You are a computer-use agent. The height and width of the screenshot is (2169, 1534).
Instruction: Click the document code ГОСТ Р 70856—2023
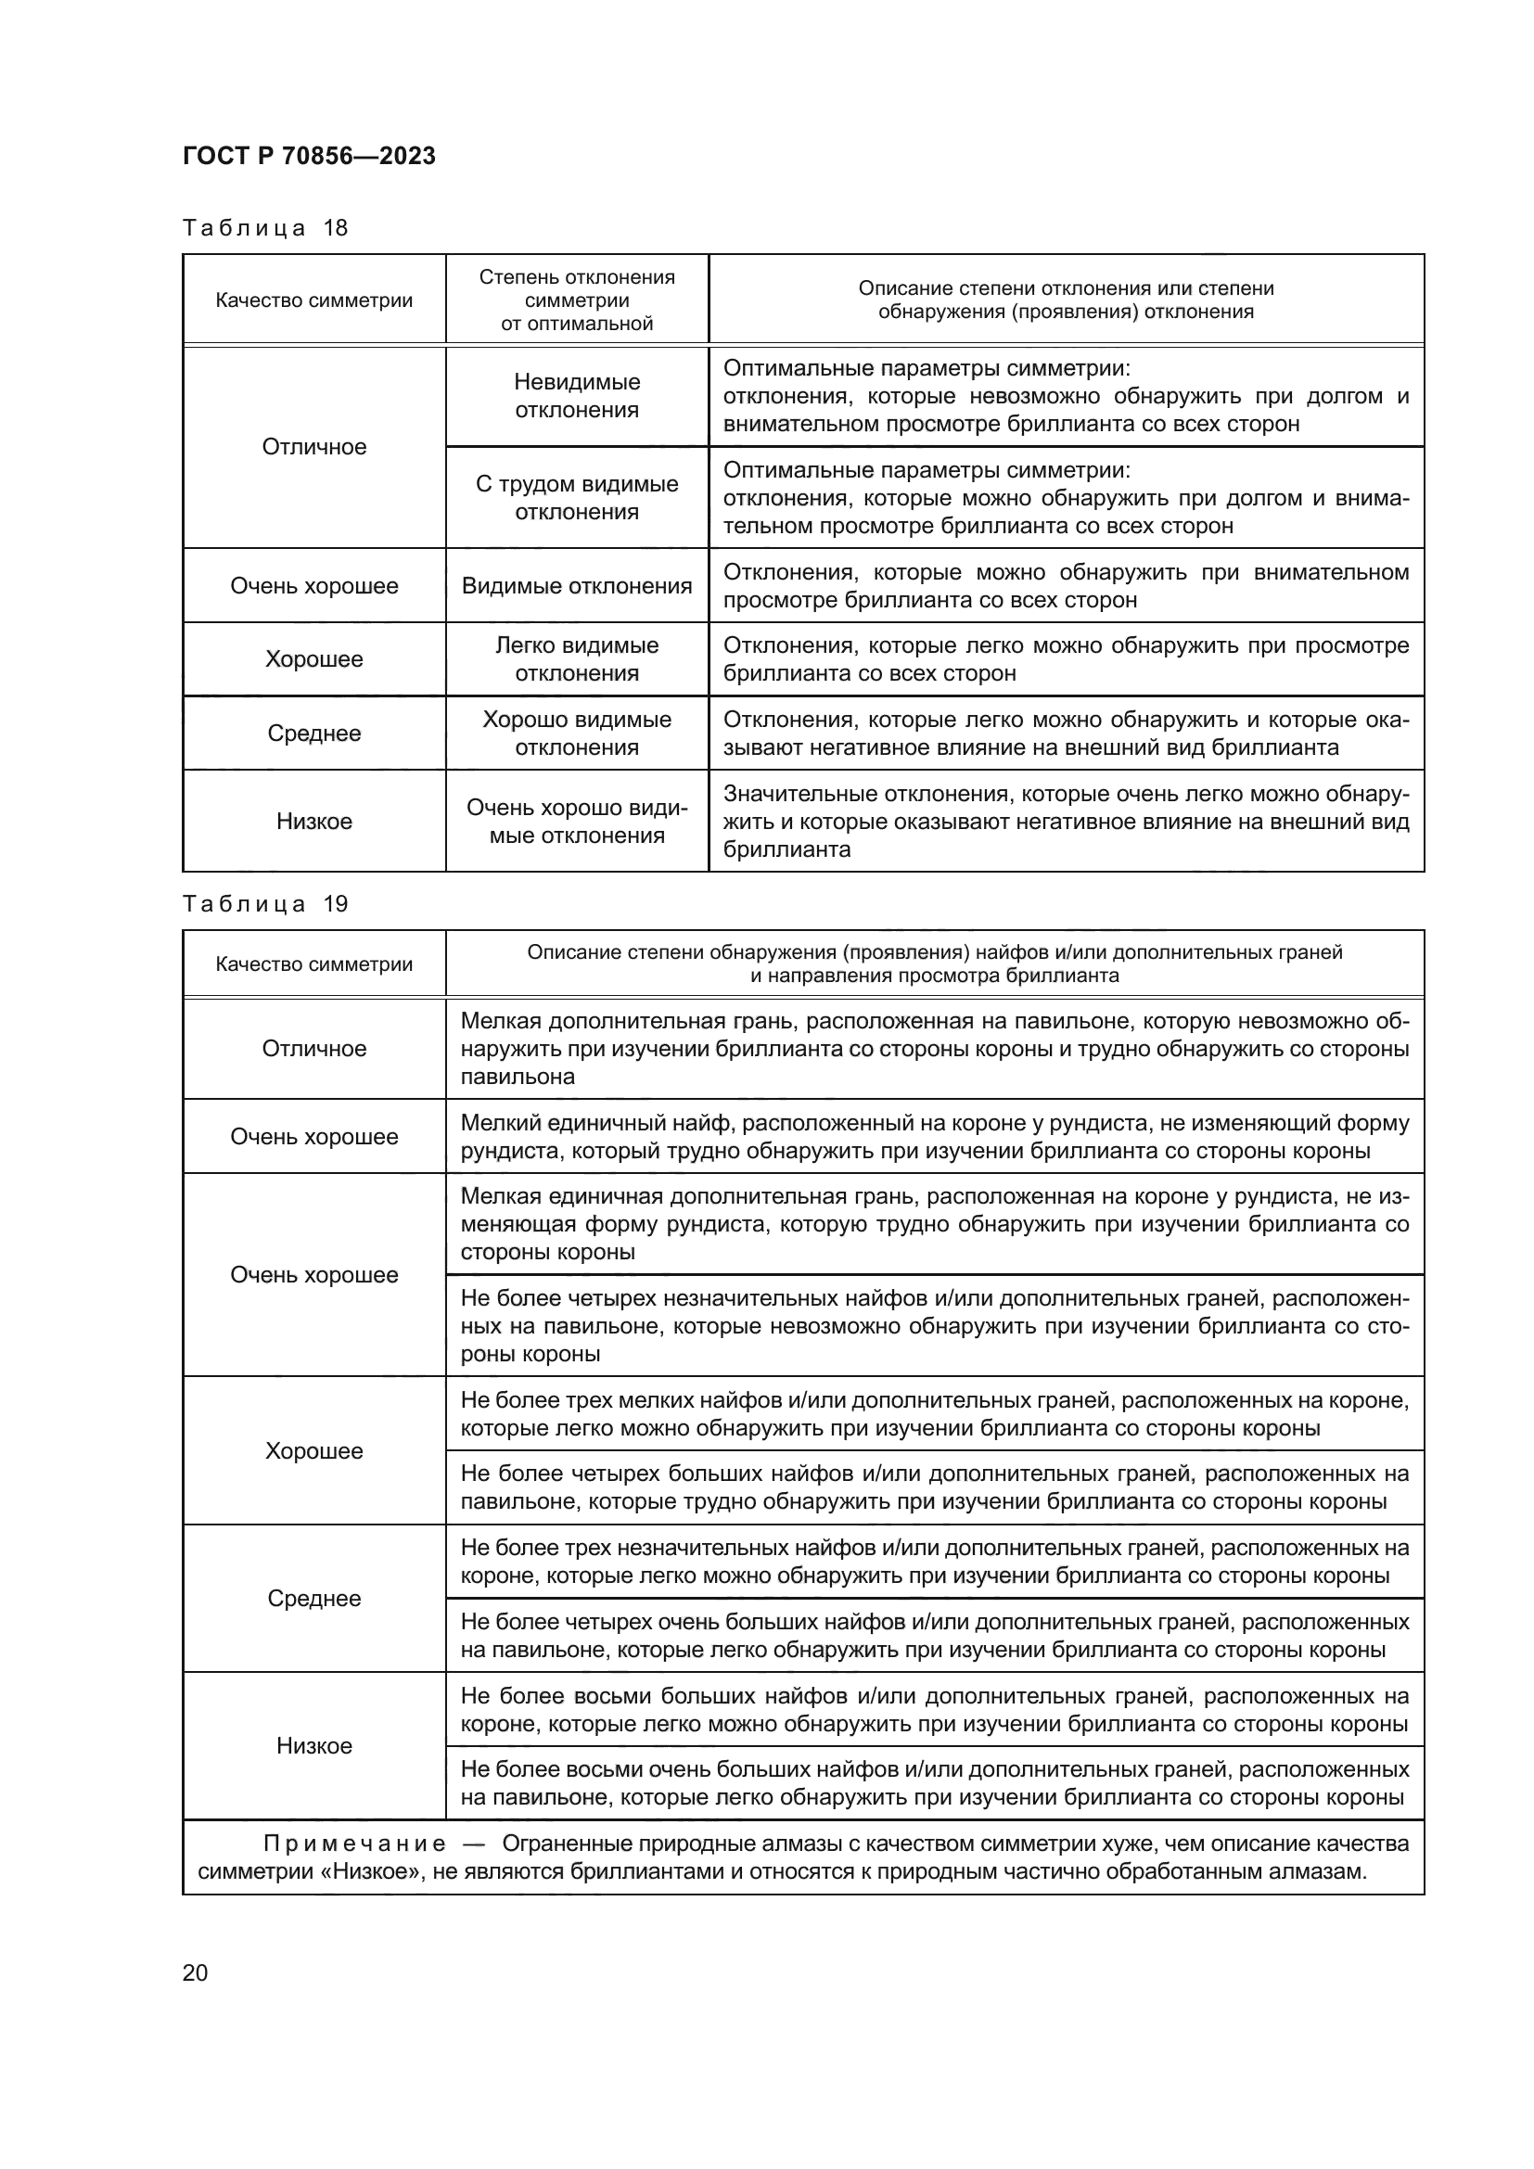pos(309,156)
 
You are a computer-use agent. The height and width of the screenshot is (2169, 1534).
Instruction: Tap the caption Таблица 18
pos(264,228)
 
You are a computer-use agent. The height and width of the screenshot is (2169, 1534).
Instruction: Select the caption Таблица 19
pos(264,904)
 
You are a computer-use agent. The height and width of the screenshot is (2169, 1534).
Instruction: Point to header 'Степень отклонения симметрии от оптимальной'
pos(576,300)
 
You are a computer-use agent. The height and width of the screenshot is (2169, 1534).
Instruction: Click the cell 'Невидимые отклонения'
pos(576,396)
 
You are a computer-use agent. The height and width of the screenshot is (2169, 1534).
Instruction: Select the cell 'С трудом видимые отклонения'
pos(576,498)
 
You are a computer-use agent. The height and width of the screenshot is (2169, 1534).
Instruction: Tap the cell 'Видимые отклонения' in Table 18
pos(576,586)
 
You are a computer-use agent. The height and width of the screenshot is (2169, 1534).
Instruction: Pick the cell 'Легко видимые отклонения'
pos(576,659)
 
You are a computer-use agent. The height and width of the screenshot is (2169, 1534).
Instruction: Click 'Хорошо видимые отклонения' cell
pos(576,734)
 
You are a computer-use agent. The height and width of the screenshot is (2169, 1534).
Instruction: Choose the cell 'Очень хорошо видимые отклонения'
pos(576,821)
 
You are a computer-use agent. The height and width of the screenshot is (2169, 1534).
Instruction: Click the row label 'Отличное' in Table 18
pos(313,447)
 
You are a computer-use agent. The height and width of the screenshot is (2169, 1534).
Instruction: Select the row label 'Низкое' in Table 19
pos(313,1746)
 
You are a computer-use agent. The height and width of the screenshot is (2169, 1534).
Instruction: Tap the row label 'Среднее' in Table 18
pos(313,734)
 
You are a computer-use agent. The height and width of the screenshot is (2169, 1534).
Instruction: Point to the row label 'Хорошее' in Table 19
pos(313,1451)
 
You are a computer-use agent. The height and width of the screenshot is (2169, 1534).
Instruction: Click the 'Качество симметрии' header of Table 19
pos(313,963)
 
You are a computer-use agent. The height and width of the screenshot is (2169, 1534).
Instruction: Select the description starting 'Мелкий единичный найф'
pos(934,1137)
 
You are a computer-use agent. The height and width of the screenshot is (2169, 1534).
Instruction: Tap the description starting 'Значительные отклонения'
pos(1066,821)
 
